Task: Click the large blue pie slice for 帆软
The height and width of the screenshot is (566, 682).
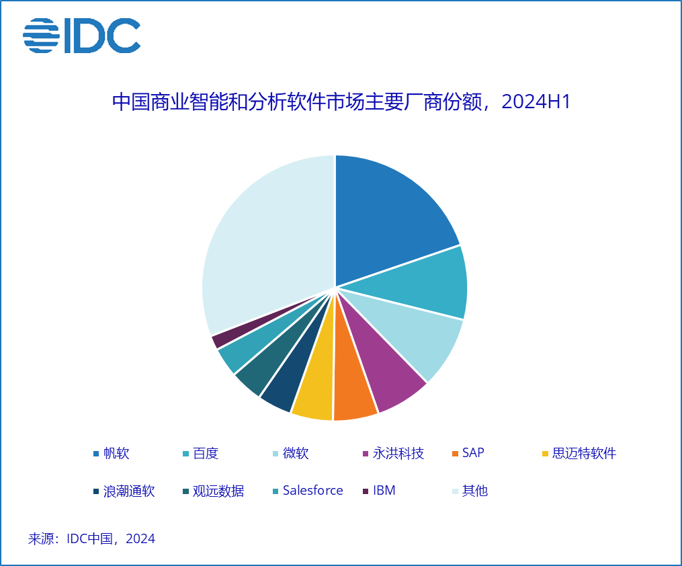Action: pos(390,215)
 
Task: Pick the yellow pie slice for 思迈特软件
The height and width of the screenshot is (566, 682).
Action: pos(314,397)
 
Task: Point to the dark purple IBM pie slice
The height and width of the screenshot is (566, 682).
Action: pos(216,341)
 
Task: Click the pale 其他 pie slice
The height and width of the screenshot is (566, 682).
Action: pos(262,242)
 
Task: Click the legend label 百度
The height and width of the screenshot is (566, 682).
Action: pos(206,453)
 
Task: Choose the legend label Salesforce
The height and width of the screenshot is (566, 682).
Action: pos(312,491)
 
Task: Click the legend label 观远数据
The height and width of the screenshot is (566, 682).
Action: pos(218,491)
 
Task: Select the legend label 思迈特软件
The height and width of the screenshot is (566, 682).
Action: pos(583,453)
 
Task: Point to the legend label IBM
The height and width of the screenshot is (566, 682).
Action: pos(384,491)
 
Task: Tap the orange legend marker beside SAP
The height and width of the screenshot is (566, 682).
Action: pos(456,453)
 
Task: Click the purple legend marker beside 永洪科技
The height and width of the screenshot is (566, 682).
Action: pos(366,453)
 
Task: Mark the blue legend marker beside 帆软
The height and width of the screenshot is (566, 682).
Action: pos(96,453)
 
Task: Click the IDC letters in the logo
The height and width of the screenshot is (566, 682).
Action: pos(101,36)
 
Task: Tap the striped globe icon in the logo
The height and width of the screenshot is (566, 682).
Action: pos(41,36)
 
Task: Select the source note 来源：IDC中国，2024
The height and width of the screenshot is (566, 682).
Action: pos(91,538)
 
